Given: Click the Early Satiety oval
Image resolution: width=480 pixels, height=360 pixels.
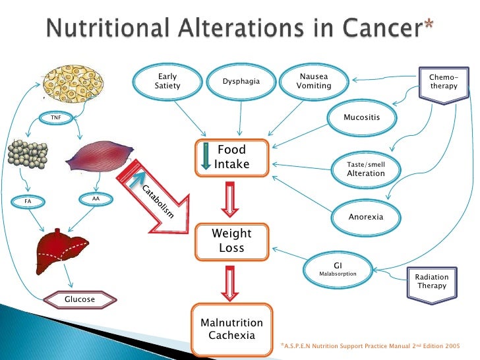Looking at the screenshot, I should [167, 81].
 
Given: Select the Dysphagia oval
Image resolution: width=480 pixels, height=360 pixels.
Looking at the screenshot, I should [241, 82].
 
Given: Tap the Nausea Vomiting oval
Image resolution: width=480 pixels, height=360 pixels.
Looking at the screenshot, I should [313, 81].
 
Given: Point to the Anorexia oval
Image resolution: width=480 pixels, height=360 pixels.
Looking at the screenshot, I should [365, 216].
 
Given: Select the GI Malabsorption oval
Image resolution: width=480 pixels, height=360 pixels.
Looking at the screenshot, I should [337, 268].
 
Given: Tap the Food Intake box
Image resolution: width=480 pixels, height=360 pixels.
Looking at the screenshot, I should [232, 158].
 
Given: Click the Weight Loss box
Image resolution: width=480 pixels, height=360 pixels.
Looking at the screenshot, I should [231, 241].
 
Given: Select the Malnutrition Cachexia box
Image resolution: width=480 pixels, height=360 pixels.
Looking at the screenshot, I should [231, 328].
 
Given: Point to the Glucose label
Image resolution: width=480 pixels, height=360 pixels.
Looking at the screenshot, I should [79, 299].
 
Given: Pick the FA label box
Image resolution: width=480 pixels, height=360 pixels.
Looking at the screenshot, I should [28, 198].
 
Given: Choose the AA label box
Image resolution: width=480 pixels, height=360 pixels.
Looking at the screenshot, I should [96, 197].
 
